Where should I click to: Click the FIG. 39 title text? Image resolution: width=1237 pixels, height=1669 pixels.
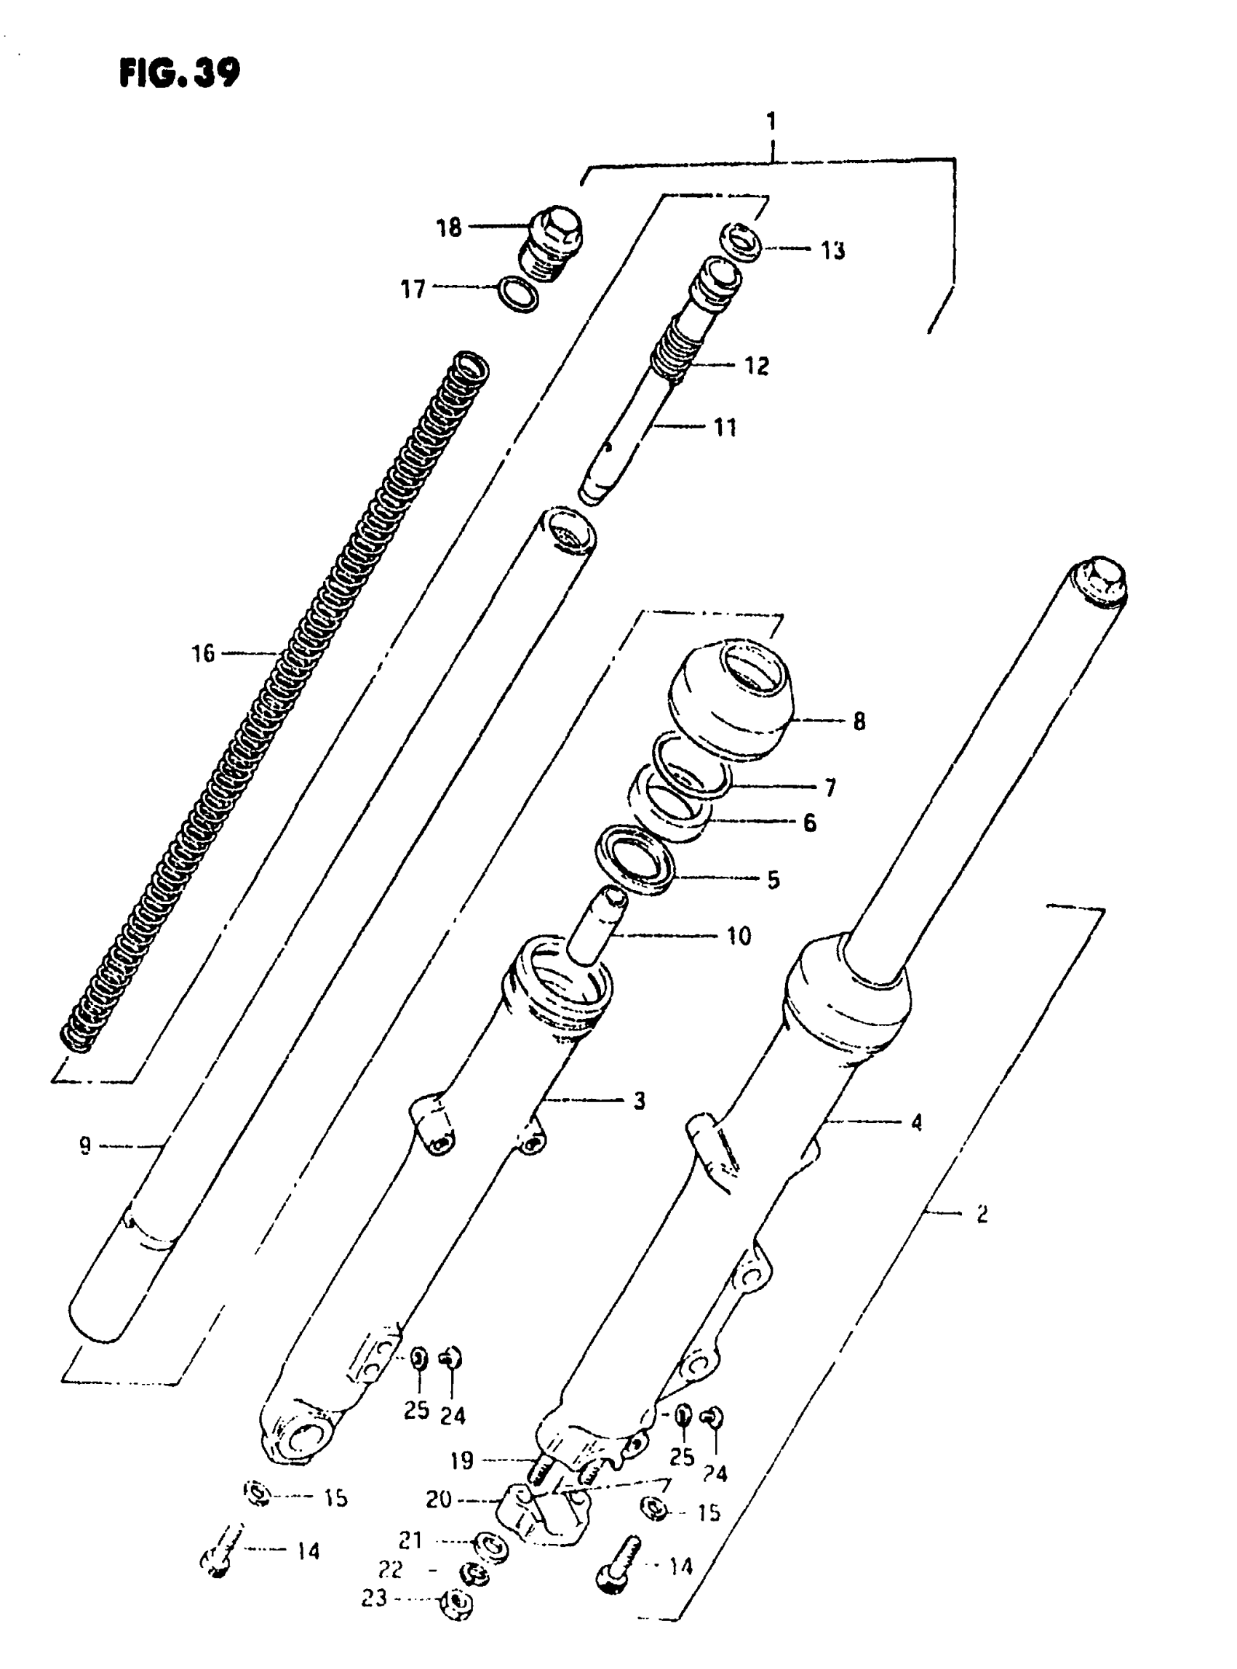coord(180,73)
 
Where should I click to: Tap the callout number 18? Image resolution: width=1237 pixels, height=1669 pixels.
coord(448,228)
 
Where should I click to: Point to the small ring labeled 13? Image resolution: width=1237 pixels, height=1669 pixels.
coord(741,241)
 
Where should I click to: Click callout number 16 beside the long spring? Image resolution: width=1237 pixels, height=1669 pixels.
coord(203,653)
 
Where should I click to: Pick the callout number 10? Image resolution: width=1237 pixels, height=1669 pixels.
coord(739,935)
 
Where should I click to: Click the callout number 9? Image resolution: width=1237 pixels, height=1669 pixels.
coord(85,1146)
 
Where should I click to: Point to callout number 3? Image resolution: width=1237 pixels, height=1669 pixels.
coord(639,1101)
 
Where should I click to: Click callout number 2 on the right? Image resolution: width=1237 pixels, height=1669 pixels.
coord(982,1213)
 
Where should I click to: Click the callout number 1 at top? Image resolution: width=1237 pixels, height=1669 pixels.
coord(771,121)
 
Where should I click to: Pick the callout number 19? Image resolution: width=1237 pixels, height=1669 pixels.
coord(462,1460)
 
